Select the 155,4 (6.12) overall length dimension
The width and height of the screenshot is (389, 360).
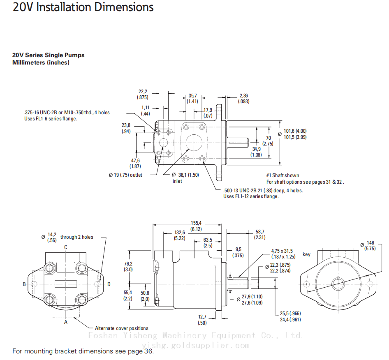196,226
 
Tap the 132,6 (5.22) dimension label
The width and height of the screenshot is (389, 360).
179,235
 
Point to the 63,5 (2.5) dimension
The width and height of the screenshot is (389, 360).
208,242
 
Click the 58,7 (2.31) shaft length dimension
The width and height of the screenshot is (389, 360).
260,234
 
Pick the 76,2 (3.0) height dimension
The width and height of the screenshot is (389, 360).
128,267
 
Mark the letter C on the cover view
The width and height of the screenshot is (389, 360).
65,247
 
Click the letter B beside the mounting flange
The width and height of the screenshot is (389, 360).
24,284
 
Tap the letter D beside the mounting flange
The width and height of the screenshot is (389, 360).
109,284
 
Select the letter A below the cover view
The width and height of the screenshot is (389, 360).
65,323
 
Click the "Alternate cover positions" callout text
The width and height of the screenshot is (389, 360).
121,328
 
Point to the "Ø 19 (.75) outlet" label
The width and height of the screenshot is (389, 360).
125,175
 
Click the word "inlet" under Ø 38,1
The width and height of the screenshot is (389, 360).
177,181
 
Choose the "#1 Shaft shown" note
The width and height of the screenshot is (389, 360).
283,175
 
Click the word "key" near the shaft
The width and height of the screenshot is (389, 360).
306,254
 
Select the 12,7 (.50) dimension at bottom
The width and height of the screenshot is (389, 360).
202,320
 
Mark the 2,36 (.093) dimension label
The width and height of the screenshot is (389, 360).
244,99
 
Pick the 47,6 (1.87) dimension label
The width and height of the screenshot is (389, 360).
135,164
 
